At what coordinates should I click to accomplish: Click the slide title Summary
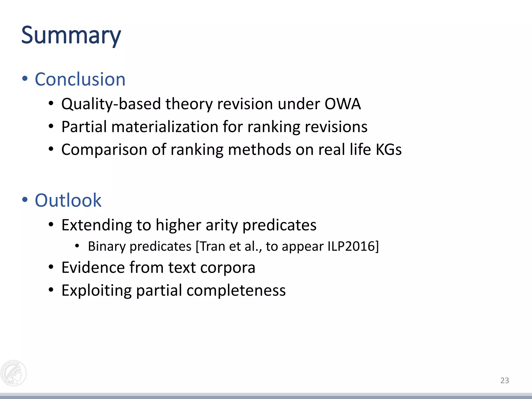point(71,36)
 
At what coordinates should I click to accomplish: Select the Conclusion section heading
point(80,79)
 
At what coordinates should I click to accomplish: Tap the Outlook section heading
point(68,200)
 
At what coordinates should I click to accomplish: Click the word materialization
point(165,127)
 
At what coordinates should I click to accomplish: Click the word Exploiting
point(96,291)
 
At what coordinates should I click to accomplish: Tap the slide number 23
point(504,381)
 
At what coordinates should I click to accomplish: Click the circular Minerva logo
point(14,373)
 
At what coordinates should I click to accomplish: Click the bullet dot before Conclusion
point(25,79)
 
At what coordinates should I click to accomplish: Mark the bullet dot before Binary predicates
point(77,246)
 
